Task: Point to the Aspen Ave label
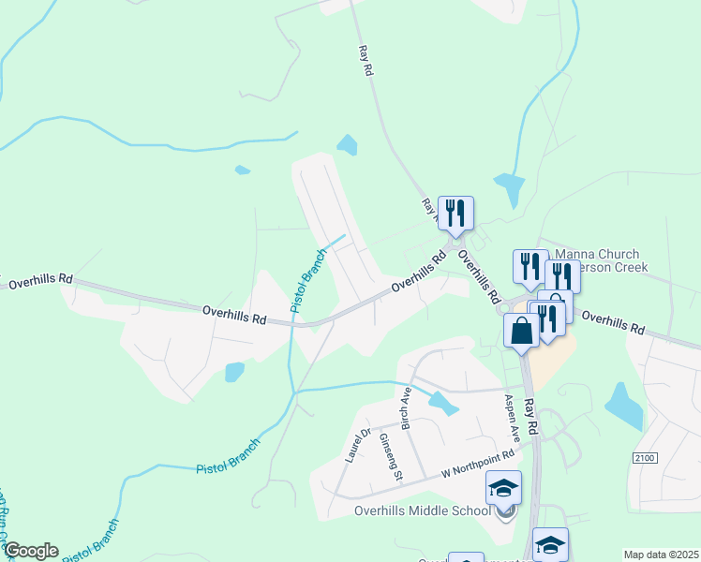(x=512, y=419)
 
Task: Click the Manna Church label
(x=597, y=254)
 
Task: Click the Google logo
(x=30, y=551)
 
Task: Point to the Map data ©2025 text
(x=661, y=555)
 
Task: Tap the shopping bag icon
(x=521, y=331)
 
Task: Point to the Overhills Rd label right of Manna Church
(x=613, y=323)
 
